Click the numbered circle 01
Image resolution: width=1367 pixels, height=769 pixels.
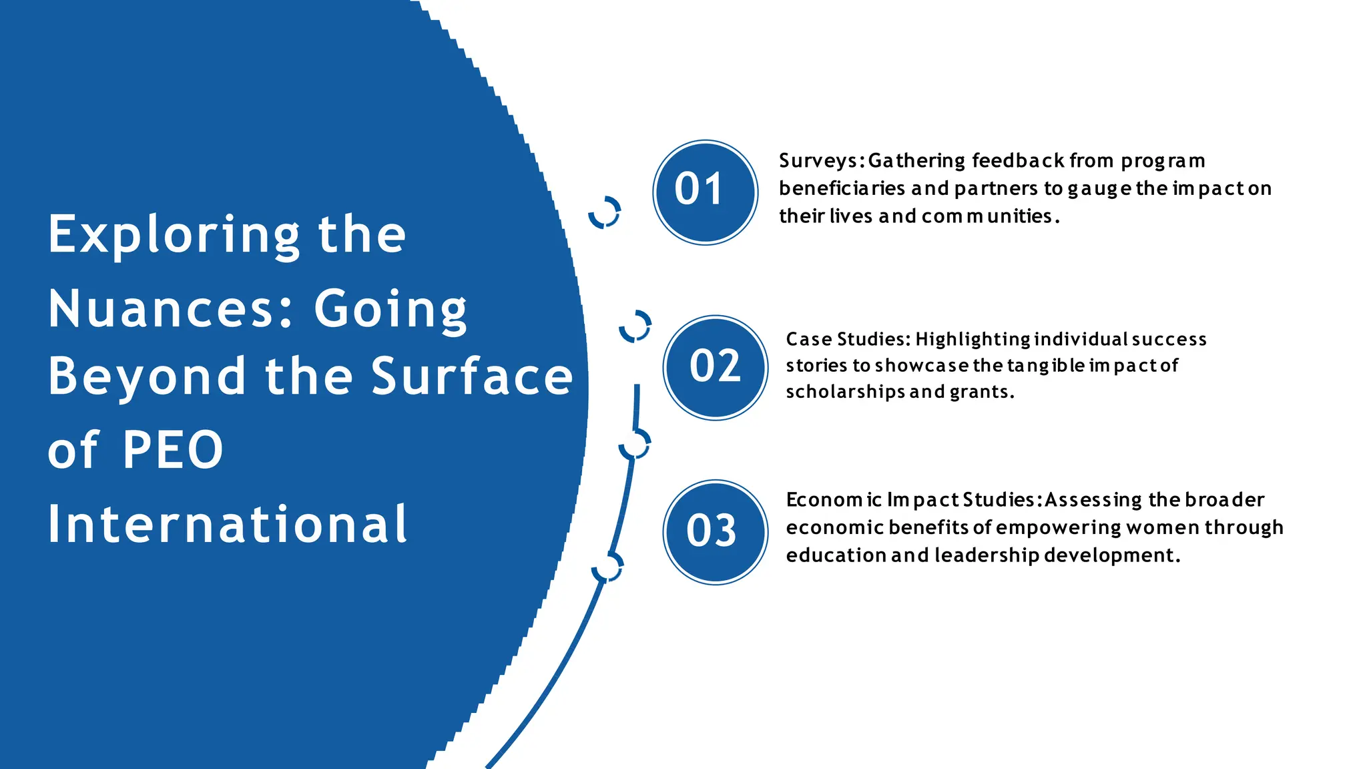[x=705, y=192]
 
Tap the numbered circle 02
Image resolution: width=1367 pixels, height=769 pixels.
[x=715, y=368]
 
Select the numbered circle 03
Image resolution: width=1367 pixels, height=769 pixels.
[x=715, y=532]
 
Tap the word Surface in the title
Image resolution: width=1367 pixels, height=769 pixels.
[x=471, y=376]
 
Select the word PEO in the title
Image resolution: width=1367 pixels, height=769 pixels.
[x=173, y=450]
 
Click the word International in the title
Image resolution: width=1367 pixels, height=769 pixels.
[x=227, y=525]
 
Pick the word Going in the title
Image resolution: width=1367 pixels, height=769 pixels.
[x=390, y=310]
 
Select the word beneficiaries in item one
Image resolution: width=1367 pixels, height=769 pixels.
[x=842, y=189]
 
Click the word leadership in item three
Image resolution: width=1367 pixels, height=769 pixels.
[x=987, y=555]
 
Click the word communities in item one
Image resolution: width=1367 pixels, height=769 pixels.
[x=987, y=216]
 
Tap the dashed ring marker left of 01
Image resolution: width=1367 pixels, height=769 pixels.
[x=604, y=212]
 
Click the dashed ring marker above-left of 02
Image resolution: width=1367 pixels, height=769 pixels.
[x=635, y=326]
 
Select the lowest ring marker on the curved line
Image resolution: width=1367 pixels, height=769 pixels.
[x=607, y=567]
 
